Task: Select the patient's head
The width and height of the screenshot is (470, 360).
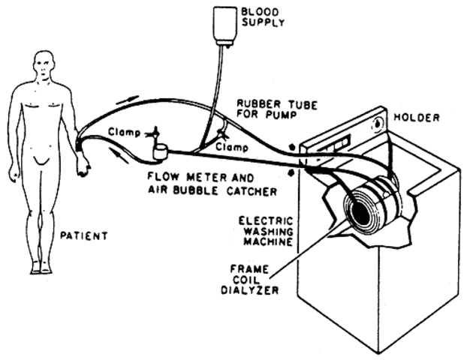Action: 44,66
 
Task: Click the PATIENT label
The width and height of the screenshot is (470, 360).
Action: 83,235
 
